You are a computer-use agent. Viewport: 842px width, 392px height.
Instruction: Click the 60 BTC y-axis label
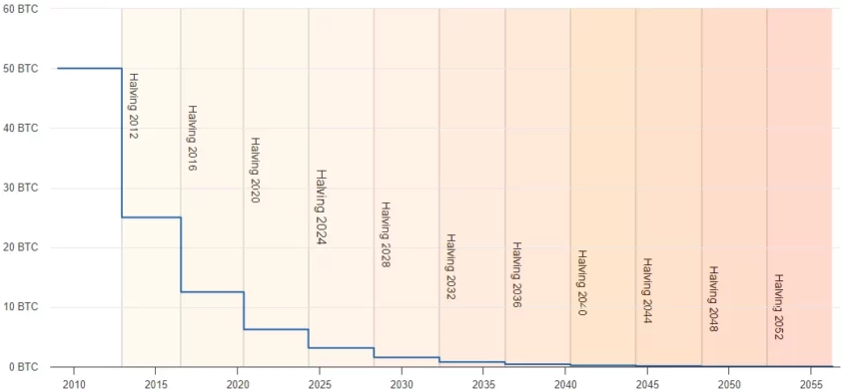point(20,9)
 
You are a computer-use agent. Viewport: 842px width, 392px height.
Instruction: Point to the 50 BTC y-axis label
point(20,69)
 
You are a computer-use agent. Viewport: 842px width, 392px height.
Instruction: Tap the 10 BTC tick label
point(20,307)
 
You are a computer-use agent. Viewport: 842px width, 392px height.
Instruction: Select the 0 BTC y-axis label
point(23,367)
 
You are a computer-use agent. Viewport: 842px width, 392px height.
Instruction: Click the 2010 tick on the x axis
point(74,383)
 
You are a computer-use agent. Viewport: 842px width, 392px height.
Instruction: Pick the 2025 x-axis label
point(320,383)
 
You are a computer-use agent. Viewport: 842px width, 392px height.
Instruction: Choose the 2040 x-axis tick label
point(565,383)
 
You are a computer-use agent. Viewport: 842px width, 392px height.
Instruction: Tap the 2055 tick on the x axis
point(811,383)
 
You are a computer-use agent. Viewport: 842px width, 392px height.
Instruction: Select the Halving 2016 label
point(192,138)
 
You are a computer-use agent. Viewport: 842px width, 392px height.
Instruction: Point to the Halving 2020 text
point(255,170)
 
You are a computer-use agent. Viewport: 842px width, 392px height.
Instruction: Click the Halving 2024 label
point(321,206)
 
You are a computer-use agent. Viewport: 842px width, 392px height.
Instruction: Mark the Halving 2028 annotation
point(385,234)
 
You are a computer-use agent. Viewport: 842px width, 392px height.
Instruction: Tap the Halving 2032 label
point(450,266)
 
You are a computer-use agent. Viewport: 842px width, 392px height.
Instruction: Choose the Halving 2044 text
point(647,290)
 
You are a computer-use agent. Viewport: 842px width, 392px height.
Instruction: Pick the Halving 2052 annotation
point(778,306)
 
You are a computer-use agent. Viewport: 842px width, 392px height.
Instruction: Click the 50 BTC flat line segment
point(90,69)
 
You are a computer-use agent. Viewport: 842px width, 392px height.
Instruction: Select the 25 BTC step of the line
point(151,217)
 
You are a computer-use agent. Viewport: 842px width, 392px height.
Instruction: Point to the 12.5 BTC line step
point(212,292)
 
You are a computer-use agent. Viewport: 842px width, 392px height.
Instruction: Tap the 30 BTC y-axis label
point(20,188)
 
